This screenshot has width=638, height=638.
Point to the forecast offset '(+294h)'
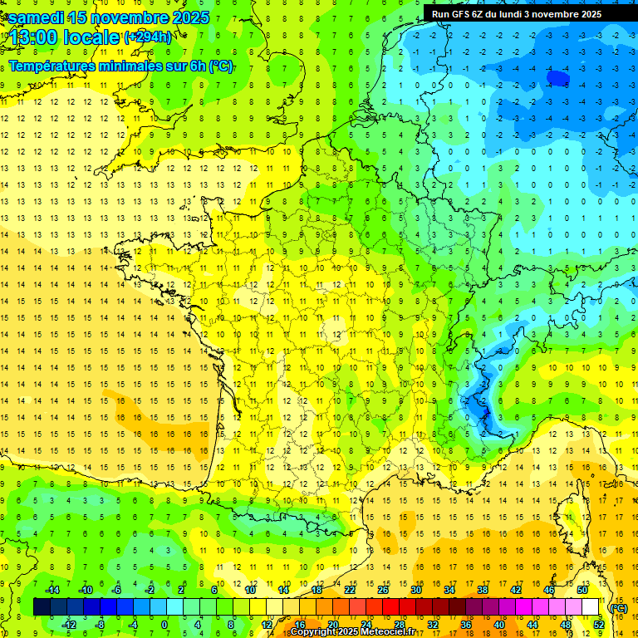148,37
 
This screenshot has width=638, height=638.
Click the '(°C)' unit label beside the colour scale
619,608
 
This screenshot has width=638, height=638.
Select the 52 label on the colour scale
599,625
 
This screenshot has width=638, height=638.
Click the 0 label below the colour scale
164,625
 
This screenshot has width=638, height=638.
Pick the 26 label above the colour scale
383,590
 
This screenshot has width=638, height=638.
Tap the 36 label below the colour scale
466,625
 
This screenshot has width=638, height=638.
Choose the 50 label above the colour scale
582,590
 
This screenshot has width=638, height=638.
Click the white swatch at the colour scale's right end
591,607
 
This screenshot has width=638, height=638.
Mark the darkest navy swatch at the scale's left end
42,607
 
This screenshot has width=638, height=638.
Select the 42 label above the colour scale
516,590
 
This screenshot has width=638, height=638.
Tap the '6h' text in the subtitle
199,66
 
